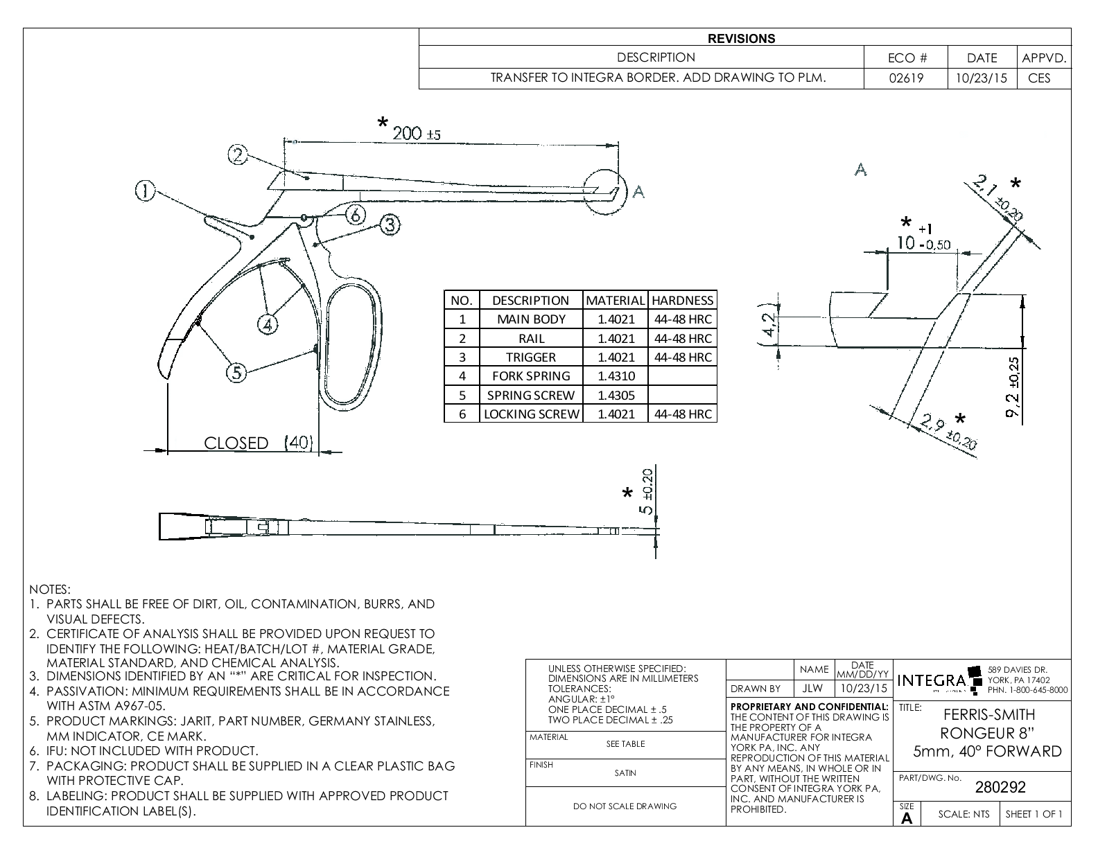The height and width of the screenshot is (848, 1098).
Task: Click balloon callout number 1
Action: pyautogui.click(x=145, y=191)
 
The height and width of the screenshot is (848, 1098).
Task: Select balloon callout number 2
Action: pyautogui.click(x=238, y=154)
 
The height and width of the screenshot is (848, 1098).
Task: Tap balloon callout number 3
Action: pyautogui.click(x=390, y=224)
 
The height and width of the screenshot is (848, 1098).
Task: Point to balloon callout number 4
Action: pyautogui.click(x=268, y=324)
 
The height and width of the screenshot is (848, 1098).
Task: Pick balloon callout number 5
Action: pyautogui.click(x=237, y=373)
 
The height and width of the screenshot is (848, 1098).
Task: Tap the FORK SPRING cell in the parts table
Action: pyautogui.click(x=531, y=376)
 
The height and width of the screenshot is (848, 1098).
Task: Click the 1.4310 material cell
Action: pyautogui.click(x=616, y=376)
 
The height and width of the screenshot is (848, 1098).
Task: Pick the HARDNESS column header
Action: pyautogui.click(x=682, y=300)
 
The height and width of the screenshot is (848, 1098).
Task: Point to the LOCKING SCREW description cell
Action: pyautogui.click(x=531, y=414)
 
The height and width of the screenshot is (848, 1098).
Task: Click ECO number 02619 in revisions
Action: pyautogui.click(x=906, y=78)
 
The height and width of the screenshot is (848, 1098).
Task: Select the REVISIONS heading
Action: pyautogui.click(x=741, y=39)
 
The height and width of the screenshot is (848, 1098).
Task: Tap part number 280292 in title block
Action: pyautogui.click(x=1000, y=787)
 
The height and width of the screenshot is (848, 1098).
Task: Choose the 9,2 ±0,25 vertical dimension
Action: pyautogui.click(x=1013, y=388)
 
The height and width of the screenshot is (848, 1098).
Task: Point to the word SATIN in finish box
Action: pyautogui.click(x=625, y=773)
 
